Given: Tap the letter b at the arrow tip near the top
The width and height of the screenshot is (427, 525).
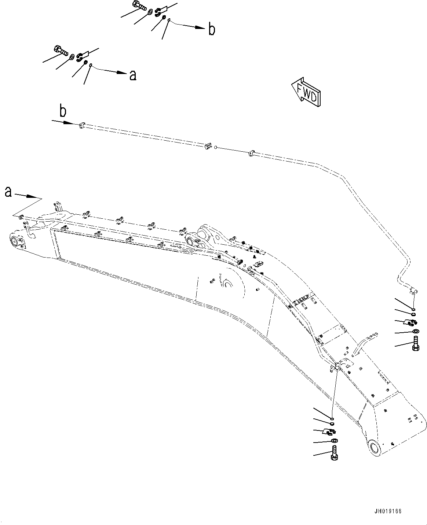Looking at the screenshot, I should tap(212, 30).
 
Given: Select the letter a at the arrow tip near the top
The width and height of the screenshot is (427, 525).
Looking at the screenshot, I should tap(133, 75).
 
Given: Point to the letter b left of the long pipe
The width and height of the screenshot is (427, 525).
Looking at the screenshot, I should tap(63, 112).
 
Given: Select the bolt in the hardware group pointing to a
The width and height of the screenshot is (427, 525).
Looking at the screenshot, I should tap(61, 50).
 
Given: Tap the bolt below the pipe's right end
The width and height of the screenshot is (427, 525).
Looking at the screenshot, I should tap(416, 345).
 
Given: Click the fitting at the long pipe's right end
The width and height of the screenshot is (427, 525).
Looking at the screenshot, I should tap(413, 291).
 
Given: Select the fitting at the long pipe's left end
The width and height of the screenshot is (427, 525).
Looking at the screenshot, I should tap(82, 126).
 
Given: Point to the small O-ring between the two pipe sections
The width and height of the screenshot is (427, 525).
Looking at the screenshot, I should tap(216, 148).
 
